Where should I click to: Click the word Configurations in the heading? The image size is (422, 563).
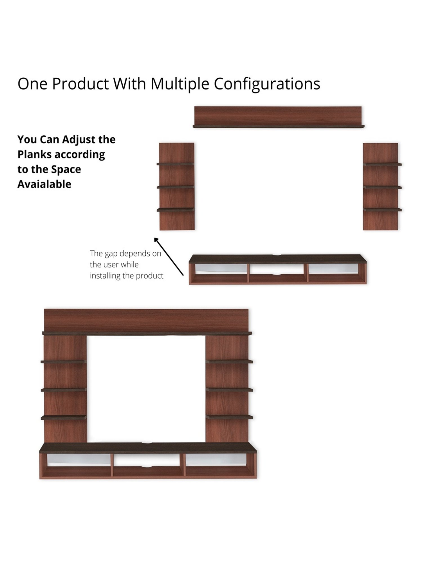click(267, 84)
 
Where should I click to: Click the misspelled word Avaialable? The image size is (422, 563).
click(44, 184)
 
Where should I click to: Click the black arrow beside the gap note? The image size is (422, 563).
click(169, 256)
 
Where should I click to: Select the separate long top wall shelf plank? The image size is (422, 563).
click(278, 117)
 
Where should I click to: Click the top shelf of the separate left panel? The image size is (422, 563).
click(175, 164)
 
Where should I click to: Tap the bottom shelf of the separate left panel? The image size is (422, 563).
click(175, 209)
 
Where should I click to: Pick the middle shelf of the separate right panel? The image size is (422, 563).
click(382, 187)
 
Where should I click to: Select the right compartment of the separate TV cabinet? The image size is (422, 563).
click(334, 272)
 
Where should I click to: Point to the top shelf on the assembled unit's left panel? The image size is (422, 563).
click(64, 362)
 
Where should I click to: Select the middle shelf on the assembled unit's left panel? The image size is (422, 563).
click(64, 390)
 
